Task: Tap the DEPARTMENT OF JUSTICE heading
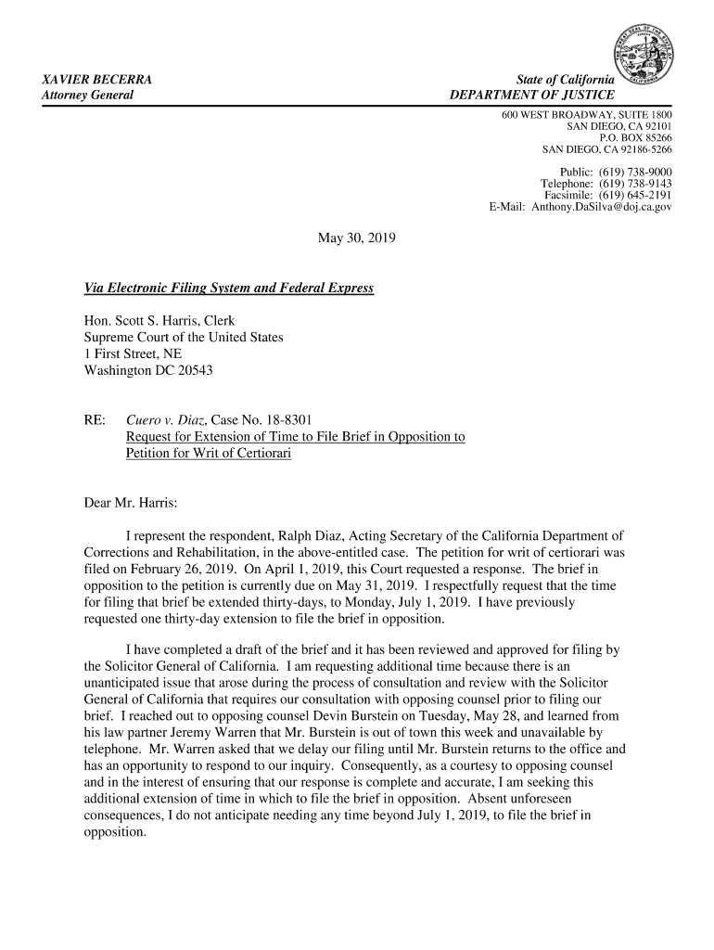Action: pos(532,96)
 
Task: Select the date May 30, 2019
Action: pos(356,239)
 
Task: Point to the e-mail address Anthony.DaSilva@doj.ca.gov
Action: pos(601,207)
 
